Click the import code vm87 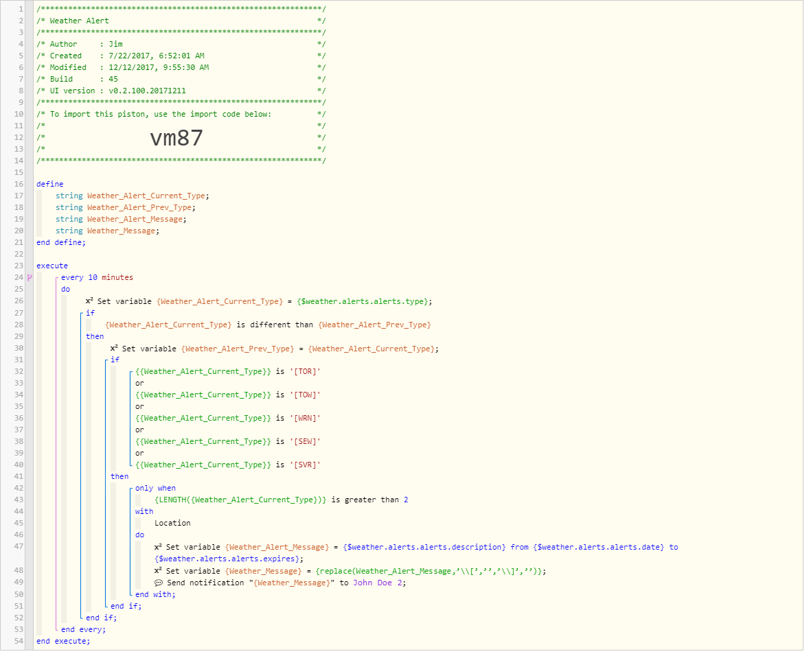coord(176,138)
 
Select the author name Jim coord(115,44)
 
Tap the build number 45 coord(113,79)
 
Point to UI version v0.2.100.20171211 coord(147,91)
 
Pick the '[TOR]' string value coord(305,371)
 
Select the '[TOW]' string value coord(305,395)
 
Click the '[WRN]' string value coord(305,418)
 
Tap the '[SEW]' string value coord(305,442)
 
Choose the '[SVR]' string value coord(305,465)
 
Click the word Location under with coord(172,523)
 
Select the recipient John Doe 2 coord(379,583)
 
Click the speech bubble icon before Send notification coord(159,583)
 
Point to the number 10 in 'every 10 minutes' coord(93,277)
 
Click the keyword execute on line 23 coord(52,266)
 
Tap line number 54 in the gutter coord(19,641)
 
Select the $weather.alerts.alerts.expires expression coord(227,559)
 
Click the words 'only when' coord(155,488)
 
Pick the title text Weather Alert coord(80,21)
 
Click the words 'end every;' coord(83,629)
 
